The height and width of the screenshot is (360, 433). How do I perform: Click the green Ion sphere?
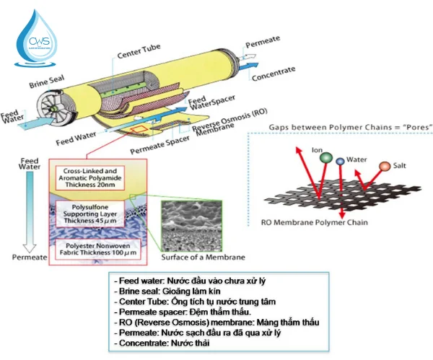[326, 158]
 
